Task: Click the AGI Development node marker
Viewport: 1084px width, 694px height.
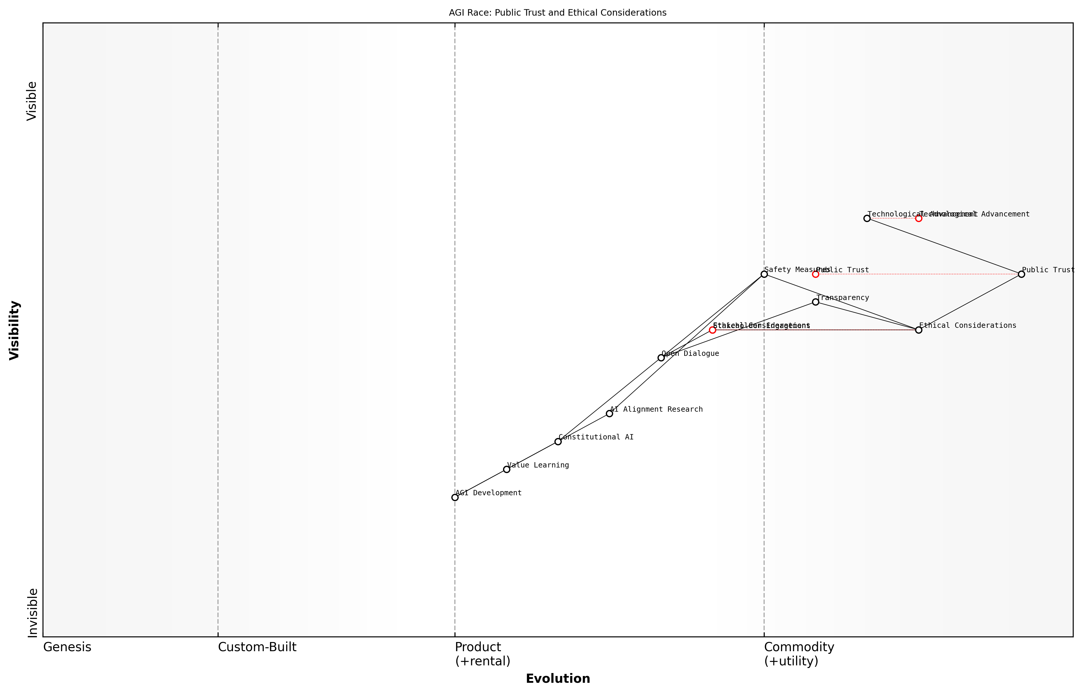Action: [x=455, y=498]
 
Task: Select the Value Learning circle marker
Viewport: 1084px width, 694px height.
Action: [x=507, y=470]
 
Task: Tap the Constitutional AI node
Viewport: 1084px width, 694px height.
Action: [x=558, y=442]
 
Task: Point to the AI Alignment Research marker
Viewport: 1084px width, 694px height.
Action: [x=609, y=414]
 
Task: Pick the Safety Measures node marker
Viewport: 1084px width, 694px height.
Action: [x=764, y=274]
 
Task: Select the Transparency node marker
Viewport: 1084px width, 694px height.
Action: [x=816, y=302]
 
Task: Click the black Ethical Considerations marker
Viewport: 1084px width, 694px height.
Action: [x=919, y=330]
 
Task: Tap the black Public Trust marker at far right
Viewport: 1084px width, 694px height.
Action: [x=1021, y=274]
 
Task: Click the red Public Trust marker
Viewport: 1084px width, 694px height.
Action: [x=816, y=274]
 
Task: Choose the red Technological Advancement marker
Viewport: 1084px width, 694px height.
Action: [x=919, y=218]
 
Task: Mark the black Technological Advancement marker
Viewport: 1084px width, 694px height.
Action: [x=867, y=218]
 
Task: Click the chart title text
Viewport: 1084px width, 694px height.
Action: [x=558, y=13]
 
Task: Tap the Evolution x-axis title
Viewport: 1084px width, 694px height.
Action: [x=558, y=679]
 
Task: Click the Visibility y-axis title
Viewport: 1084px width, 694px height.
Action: [x=14, y=330]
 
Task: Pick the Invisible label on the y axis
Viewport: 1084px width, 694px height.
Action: [x=32, y=613]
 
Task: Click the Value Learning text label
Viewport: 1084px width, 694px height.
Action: [x=538, y=465]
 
